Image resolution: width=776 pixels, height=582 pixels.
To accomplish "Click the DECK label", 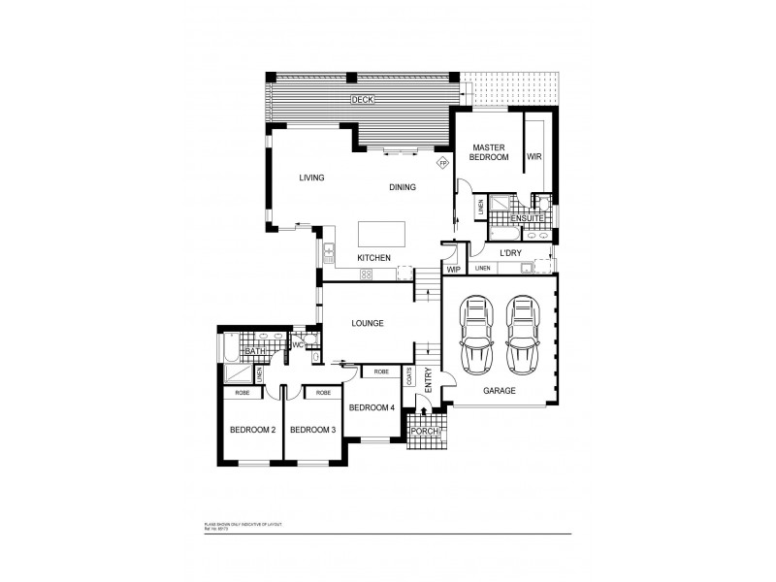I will pyautogui.click(x=362, y=100).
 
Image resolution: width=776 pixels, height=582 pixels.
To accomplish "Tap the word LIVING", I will pyautogui.click(x=311, y=178).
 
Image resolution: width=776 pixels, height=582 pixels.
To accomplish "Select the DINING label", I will pyautogui.click(x=403, y=187).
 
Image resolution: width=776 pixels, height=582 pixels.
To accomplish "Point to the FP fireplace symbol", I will pyautogui.click(x=442, y=163).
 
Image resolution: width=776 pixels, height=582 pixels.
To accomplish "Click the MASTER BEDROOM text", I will pyautogui.click(x=489, y=151).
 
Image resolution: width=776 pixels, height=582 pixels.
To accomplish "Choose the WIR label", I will pyautogui.click(x=533, y=156).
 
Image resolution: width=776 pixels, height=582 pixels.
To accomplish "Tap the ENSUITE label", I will pyautogui.click(x=527, y=218).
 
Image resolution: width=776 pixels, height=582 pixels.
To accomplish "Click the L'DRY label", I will pyautogui.click(x=511, y=253).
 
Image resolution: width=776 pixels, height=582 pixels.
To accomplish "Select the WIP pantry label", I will pyautogui.click(x=453, y=270).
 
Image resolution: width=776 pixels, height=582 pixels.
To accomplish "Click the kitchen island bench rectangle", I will pyautogui.click(x=380, y=234).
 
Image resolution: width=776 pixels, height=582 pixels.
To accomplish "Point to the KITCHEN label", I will pyautogui.click(x=373, y=258).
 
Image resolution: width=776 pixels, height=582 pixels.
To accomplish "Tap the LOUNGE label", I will pyautogui.click(x=369, y=323).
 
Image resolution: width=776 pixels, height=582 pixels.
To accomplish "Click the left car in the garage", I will pyautogui.click(x=476, y=334).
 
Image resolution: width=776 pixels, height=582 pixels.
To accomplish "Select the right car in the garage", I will pyautogui.click(x=522, y=334).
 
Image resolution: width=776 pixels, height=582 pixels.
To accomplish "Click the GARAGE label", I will pyautogui.click(x=500, y=391).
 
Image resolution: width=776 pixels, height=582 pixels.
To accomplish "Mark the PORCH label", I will pyautogui.click(x=425, y=432).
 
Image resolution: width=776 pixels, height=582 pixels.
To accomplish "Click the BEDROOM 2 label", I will pyautogui.click(x=253, y=430).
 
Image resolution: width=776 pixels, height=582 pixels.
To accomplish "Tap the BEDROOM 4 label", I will pyautogui.click(x=372, y=407).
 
